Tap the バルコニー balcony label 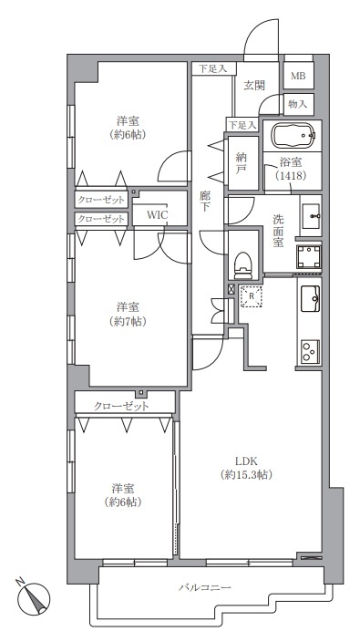(204, 587)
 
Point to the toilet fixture (242, 264)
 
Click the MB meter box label (297, 76)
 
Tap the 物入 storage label (297, 104)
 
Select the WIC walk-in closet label (157, 215)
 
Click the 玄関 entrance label (254, 85)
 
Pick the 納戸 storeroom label (240, 163)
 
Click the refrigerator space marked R (252, 295)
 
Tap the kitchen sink (310, 298)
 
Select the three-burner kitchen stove (310, 351)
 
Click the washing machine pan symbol (308, 257)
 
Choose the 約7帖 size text (128, 321)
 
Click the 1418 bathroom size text (291, 175)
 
